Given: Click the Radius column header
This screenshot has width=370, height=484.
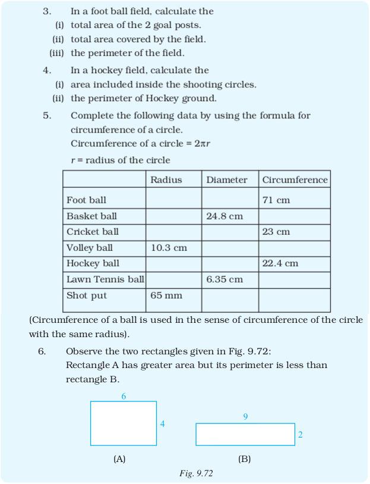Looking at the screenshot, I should click(x=166, y=180).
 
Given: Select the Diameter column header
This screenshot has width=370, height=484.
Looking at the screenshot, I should click(x=227, y=180).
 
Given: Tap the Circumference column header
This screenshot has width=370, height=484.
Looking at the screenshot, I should click(x=295, y=180).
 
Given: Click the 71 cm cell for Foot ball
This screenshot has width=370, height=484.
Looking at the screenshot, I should click(x=276, y=200).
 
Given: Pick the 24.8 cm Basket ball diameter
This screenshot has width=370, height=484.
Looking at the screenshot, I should click(x=224, y=216).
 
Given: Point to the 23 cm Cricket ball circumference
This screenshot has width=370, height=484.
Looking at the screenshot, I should click(x=276, y=232).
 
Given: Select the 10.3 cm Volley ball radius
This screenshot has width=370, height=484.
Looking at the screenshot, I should click(x=169, y=248).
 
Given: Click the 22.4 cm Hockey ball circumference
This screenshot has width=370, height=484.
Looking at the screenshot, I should click(x=280, y=263).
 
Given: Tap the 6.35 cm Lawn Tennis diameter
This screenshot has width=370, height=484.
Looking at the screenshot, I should click(x=224, y=279).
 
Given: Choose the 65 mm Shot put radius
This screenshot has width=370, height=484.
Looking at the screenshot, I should click(x=166, y=296).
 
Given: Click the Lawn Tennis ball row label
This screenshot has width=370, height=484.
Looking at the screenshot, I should click(x=105, y=279).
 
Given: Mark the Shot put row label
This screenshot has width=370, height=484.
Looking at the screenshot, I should click(x=86, y=296).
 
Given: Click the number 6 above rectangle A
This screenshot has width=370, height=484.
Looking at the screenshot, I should click(x=124, y=397).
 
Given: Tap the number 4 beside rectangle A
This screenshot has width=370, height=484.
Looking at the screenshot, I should click(x=162, y=424).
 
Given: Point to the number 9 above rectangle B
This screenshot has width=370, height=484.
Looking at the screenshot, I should click(x=245, y=417).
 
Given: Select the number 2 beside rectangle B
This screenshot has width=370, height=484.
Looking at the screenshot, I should click(x=300, y=435).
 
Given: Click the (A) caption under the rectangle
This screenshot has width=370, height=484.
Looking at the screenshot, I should click(x=119, y=459).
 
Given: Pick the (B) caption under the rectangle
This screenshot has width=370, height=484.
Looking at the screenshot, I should click(x=244, y=459).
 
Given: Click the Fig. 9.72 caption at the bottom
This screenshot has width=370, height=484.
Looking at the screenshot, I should click(x=196, y=473).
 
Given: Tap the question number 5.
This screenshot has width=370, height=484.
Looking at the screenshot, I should click(x=46, y=115).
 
